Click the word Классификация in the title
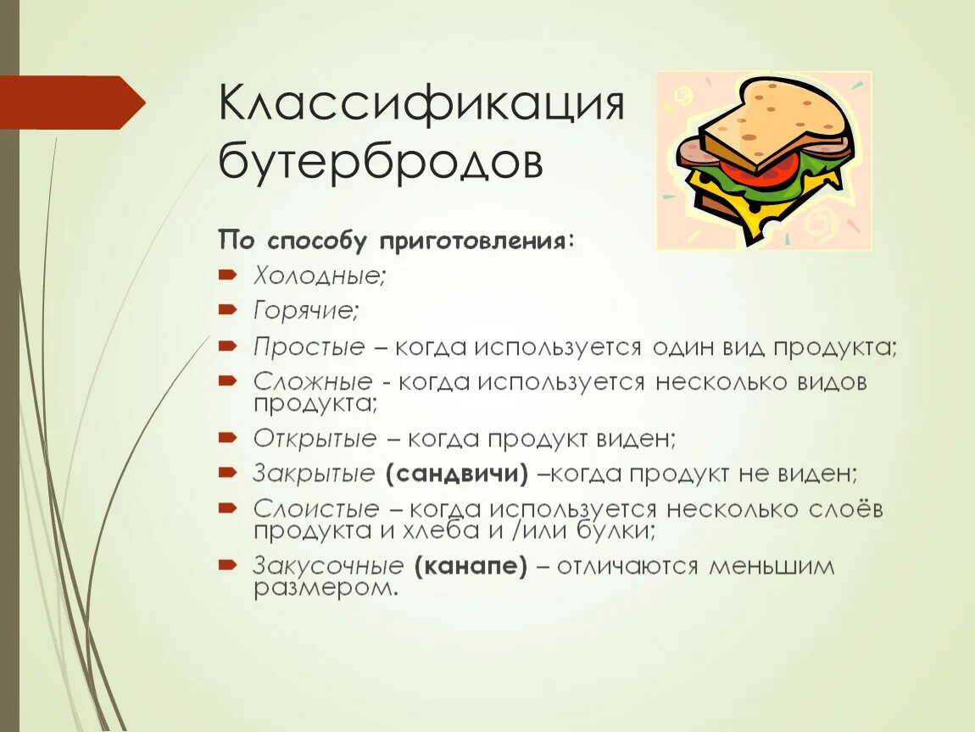tap(421, 106)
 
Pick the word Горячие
tap(306, 311)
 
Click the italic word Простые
tap(309, 347)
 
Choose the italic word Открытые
tap(315, 439)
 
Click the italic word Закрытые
tap(314, 474)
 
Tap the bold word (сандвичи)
tap(456, 474)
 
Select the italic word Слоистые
tap(316, 509)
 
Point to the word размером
tap(326, 588)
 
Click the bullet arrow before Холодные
tap(227, 276)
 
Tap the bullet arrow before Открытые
tap(227, 439)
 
